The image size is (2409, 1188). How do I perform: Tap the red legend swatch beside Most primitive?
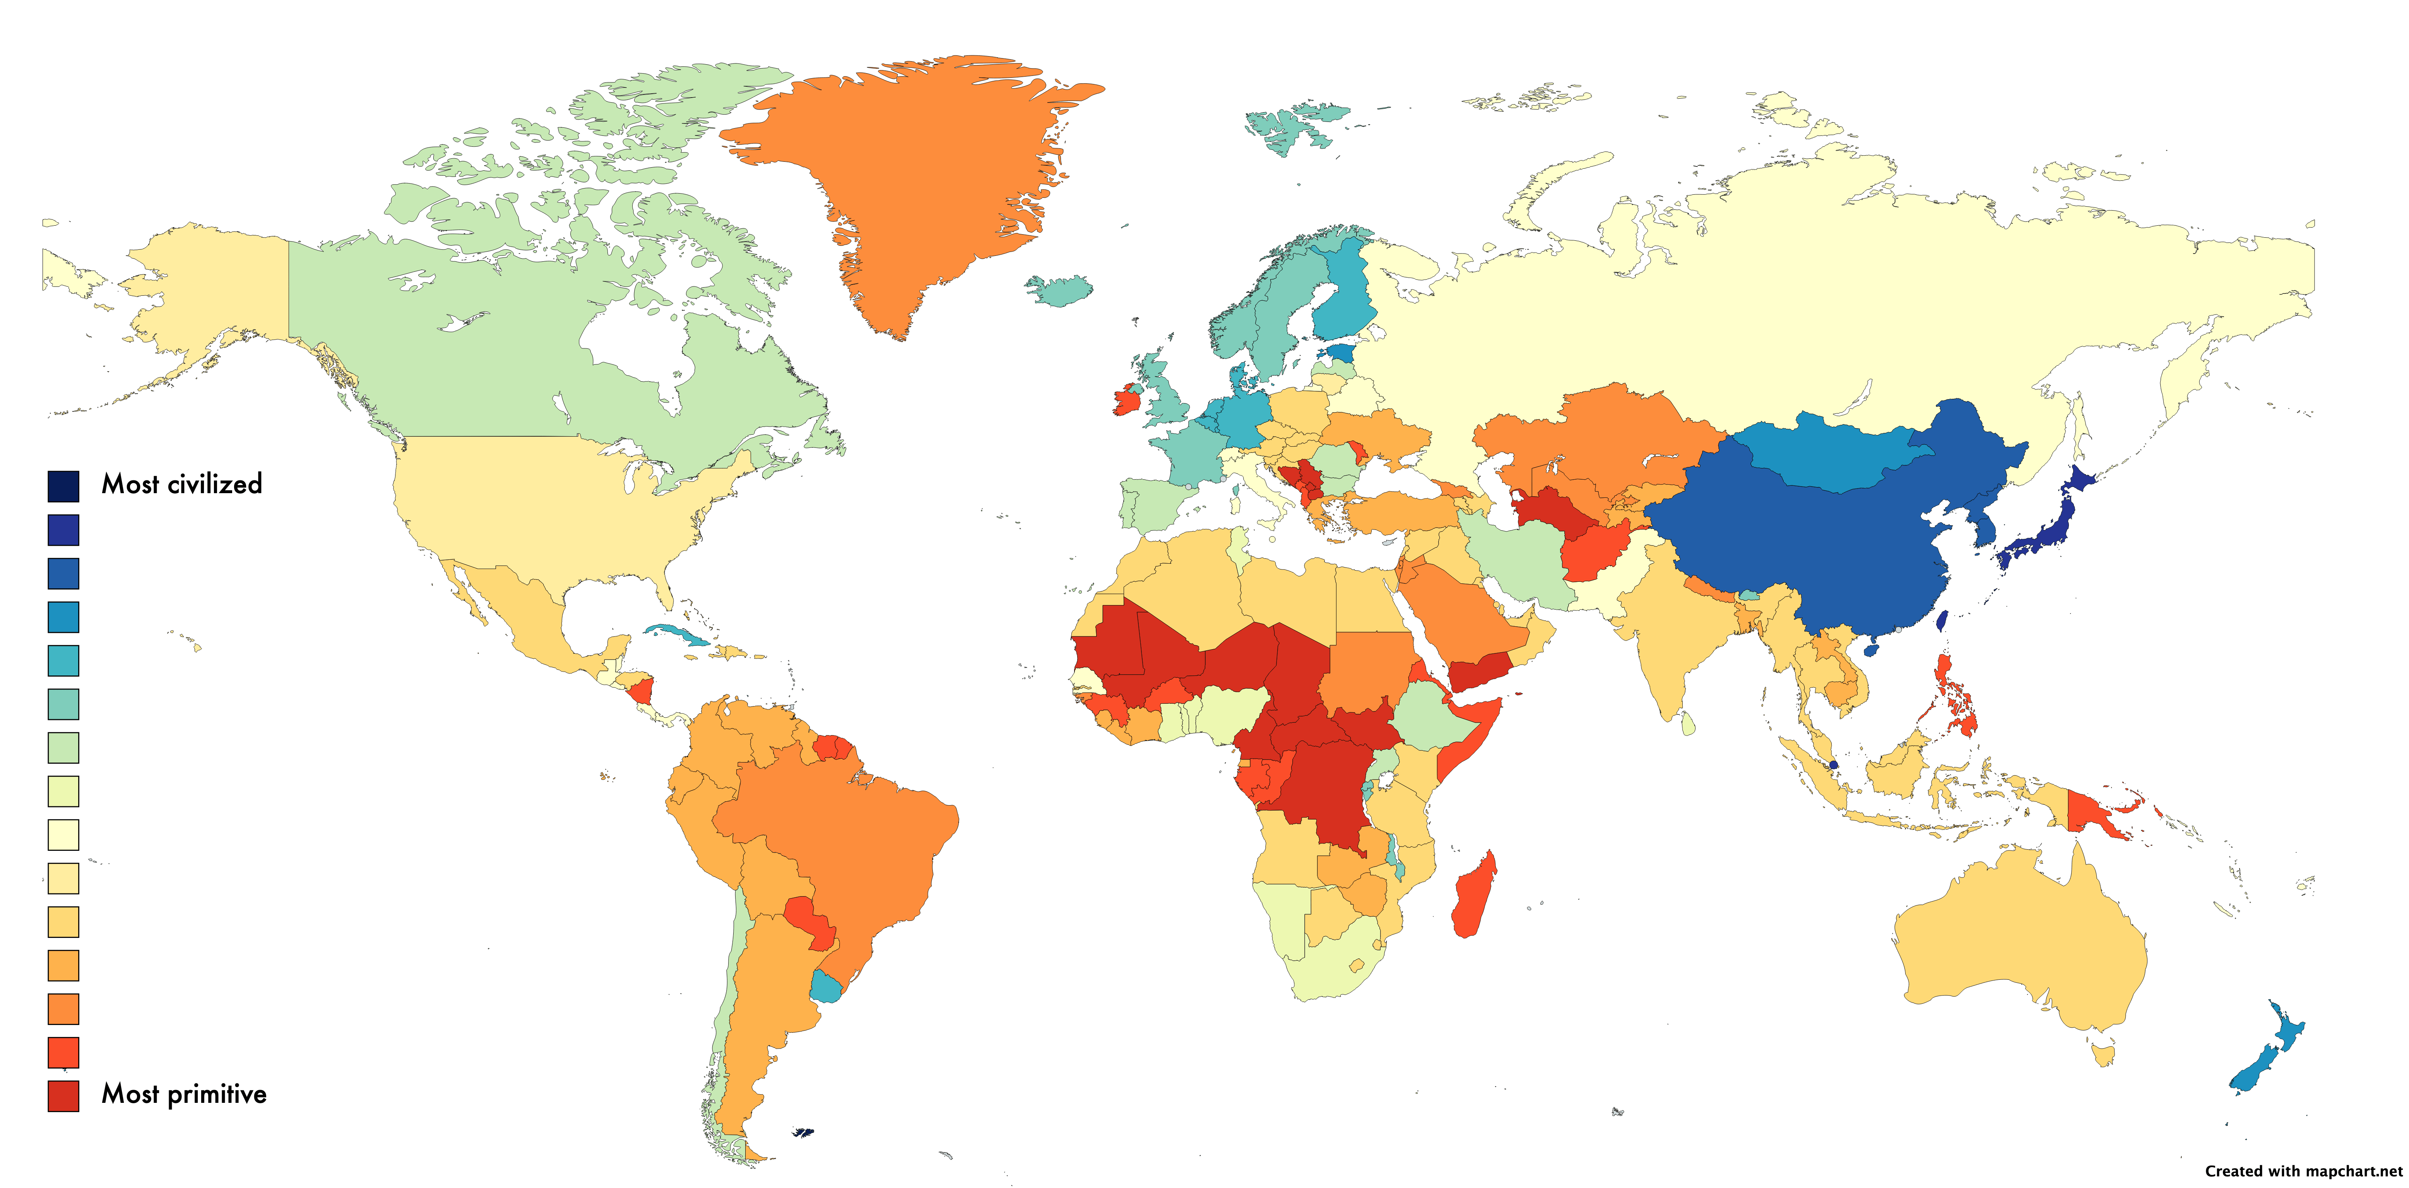(x=63, y=1095)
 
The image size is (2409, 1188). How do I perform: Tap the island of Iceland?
(x=1061, y=290)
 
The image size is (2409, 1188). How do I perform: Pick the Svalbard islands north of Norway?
(x=1290, y=126)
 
